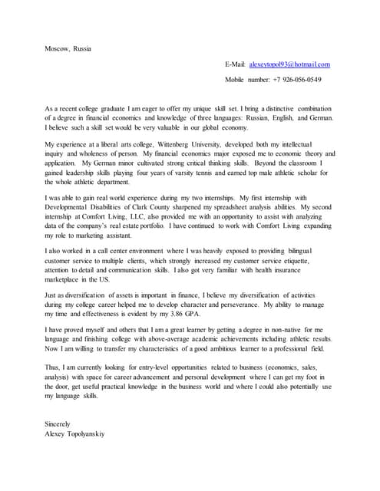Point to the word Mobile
236,80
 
